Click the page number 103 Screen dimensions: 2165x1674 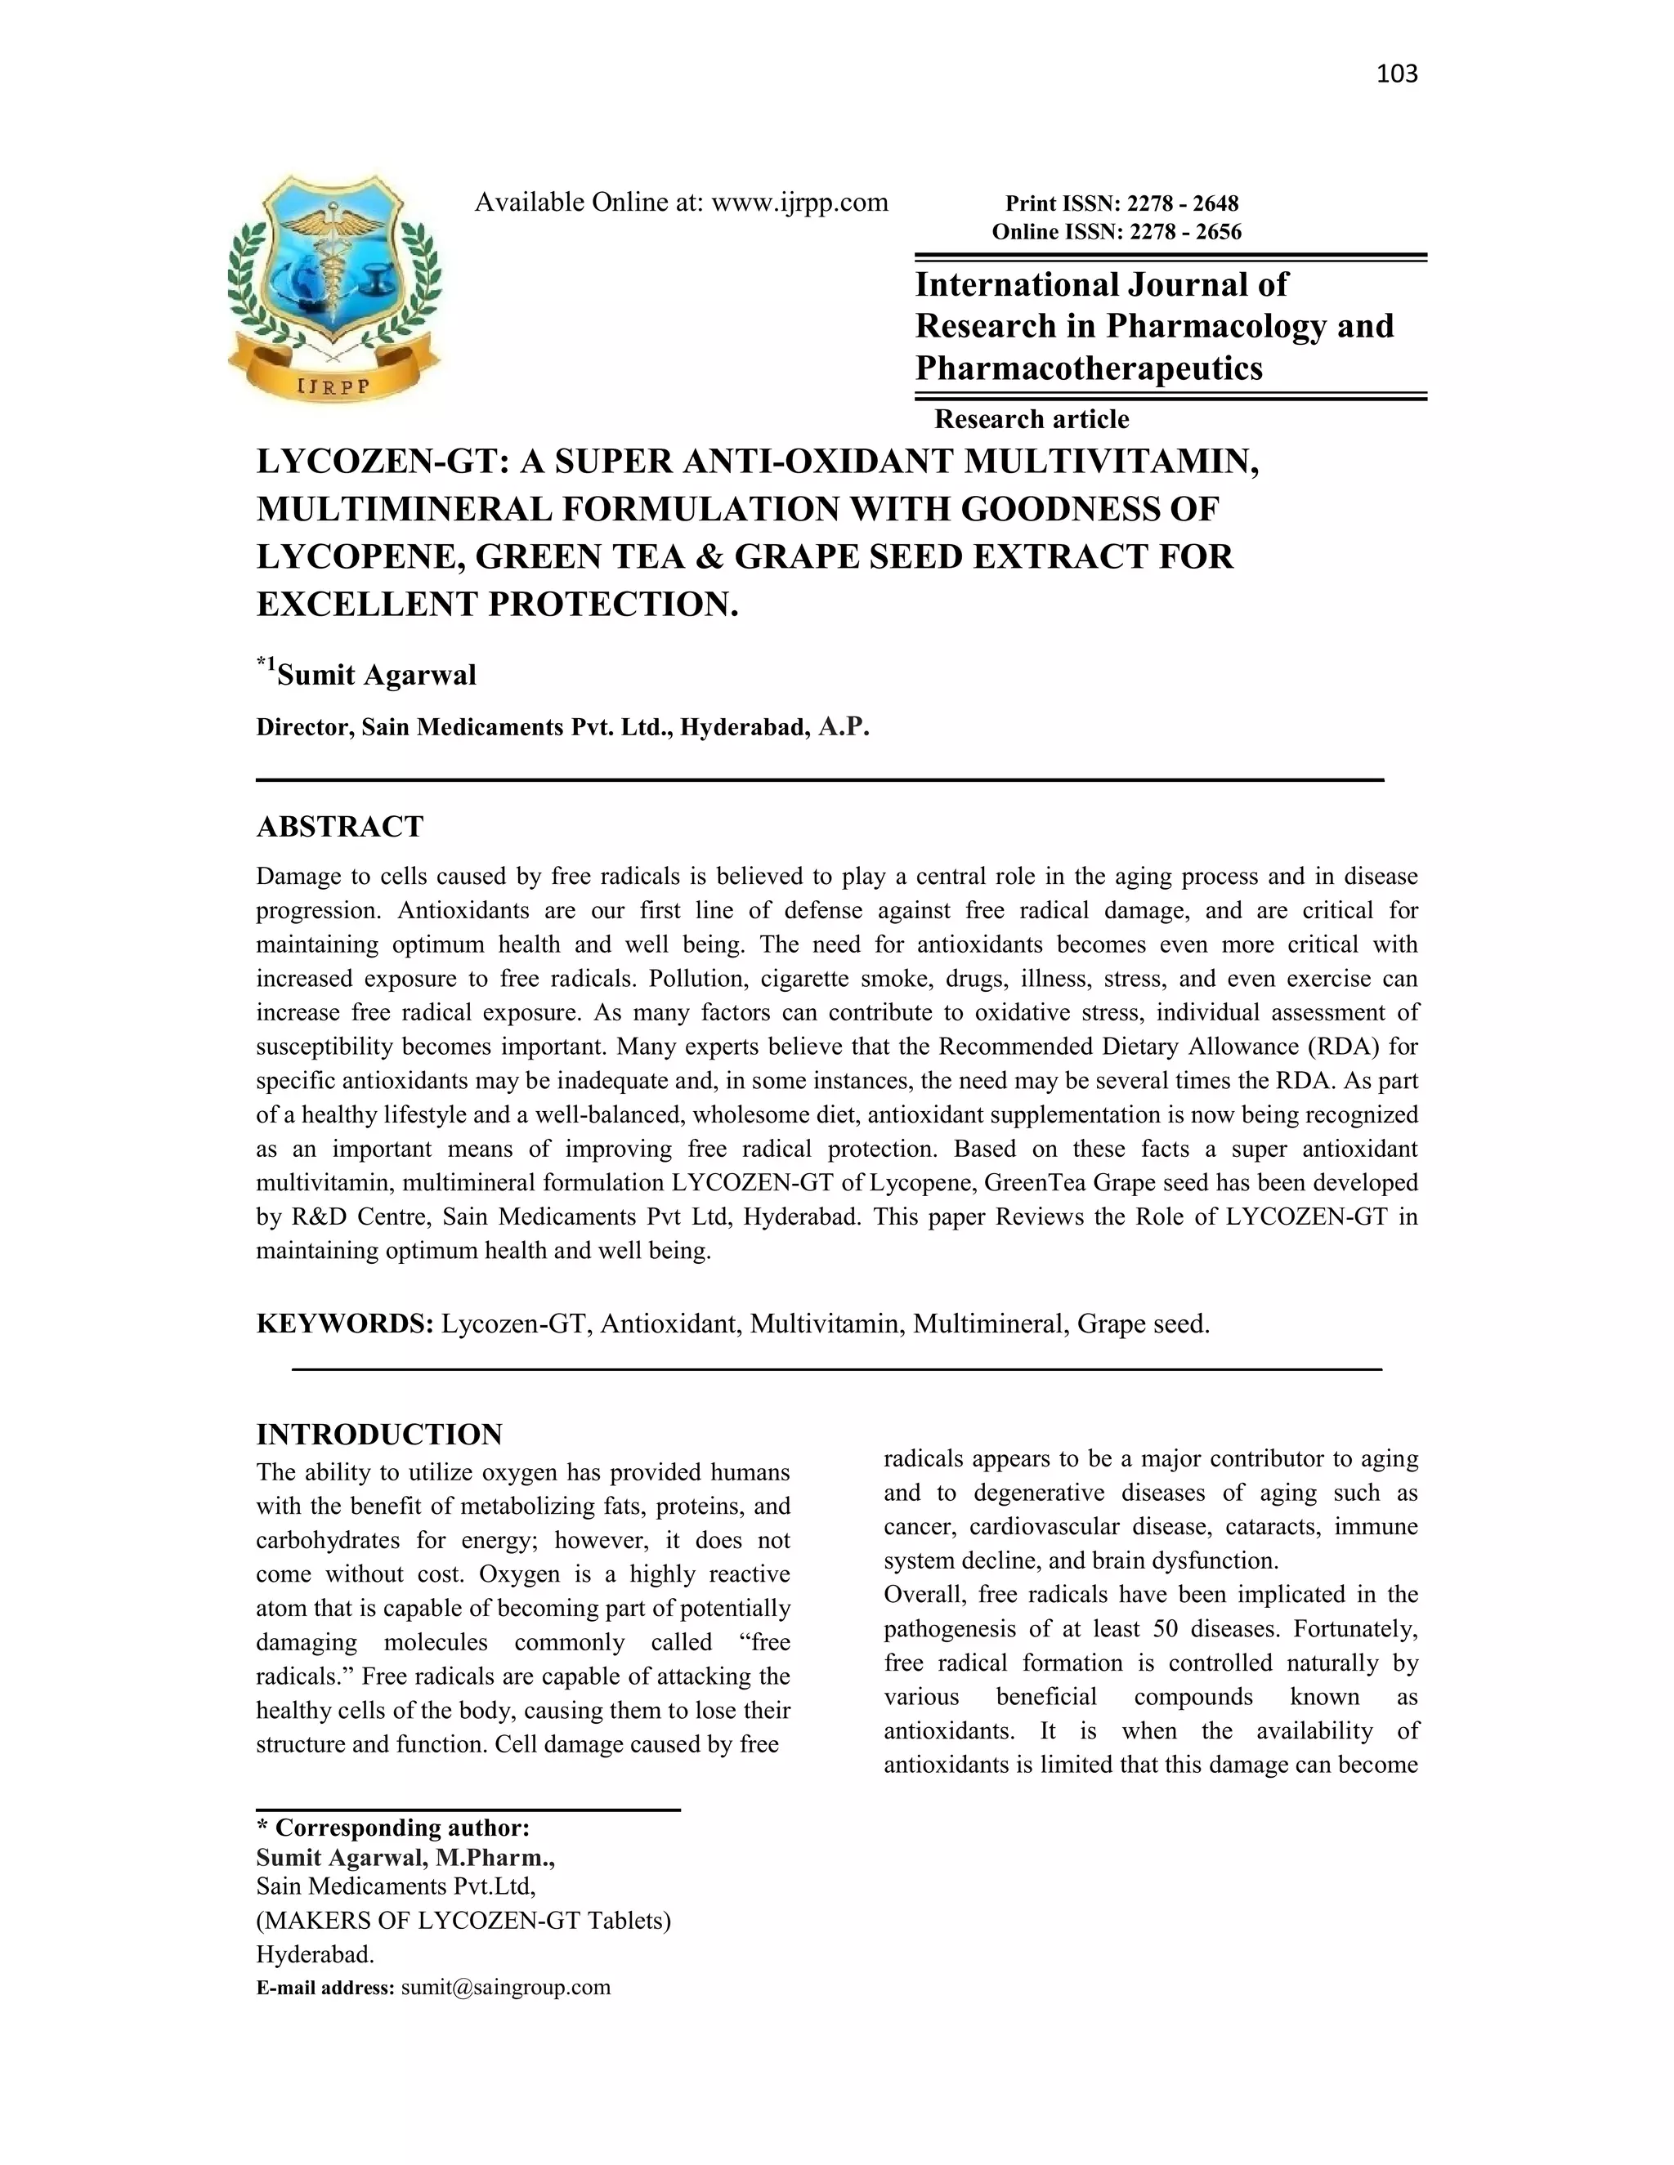click(x=1396, y=74)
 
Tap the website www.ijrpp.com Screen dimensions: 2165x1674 click(x=799, y=203)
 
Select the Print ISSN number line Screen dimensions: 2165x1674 click(x=1121, y=204)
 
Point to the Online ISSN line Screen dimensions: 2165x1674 click(x=1116, y=232)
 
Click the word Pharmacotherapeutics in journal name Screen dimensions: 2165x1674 click(x=1088, y=368)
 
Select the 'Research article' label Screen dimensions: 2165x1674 click(x=1031, y=419)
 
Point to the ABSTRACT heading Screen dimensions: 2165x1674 click(x=339, y=827)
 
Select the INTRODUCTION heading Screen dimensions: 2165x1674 click(x=378, y=1435)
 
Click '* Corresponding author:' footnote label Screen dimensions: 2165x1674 click(x=392, y=1828)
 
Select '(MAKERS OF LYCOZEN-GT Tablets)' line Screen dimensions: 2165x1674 click(x=463, y=1922)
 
